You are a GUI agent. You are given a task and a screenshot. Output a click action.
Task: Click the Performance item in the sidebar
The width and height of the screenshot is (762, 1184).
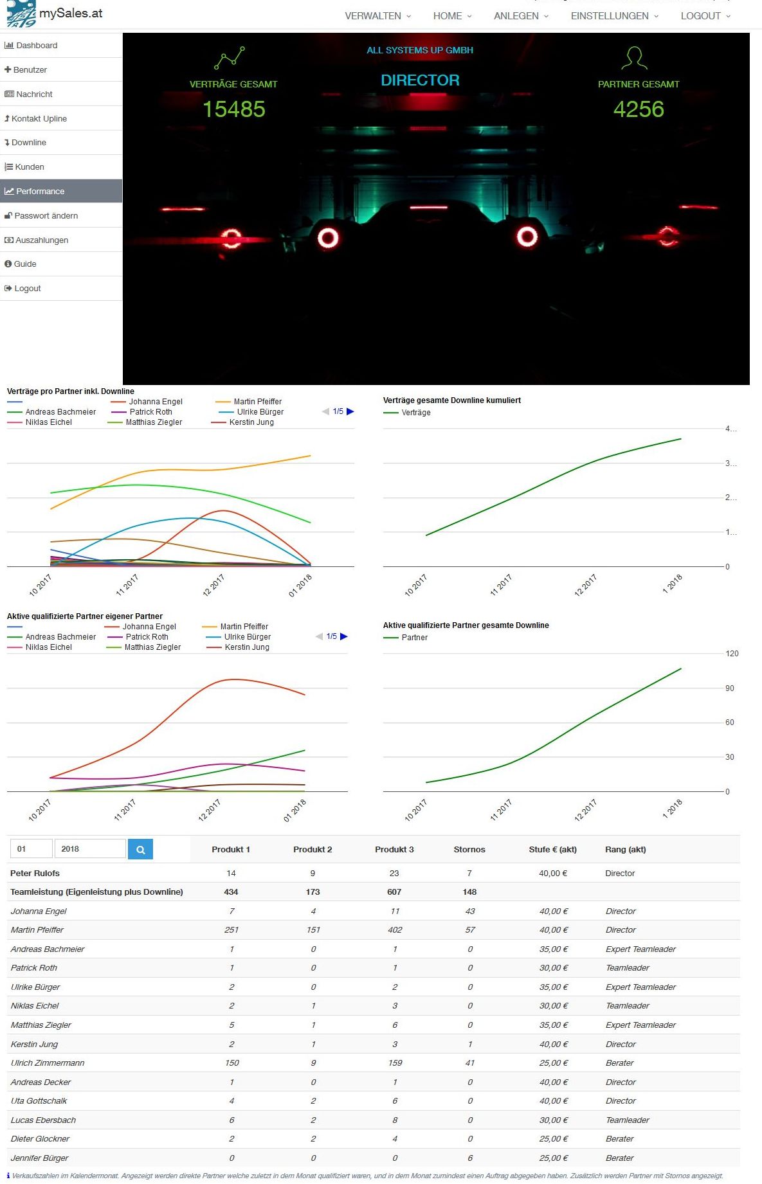pos(40,191)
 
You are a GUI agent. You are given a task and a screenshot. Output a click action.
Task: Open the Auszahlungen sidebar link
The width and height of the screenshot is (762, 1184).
pos(41,240)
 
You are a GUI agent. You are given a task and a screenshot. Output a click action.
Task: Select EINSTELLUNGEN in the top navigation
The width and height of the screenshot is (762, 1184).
pos(610,16)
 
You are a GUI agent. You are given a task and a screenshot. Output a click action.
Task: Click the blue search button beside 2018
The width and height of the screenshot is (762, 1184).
pos(140,849)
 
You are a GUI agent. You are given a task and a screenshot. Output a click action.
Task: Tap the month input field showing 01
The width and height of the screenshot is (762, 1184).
pos(30,848)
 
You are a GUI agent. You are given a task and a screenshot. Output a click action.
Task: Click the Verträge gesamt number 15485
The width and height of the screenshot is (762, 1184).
pos(233,109)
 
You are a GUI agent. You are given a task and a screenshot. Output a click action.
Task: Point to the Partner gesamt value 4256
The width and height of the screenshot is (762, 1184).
pos(639,109)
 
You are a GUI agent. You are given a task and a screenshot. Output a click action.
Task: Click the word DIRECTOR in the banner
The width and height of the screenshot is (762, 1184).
pos(420,80)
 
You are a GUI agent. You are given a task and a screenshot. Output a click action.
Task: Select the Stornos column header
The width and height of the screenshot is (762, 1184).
pos(469,849)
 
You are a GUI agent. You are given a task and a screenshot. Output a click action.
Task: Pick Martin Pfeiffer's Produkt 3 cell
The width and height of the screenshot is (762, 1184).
pos(395,929)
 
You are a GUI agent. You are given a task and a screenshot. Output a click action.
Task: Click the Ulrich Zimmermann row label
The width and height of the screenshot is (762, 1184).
pos(48,1063)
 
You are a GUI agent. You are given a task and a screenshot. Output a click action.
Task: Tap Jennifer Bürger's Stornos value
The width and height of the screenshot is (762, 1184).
pos(470,1158)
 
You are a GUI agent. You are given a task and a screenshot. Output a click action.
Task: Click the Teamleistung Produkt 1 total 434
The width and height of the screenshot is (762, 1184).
pos(231,892)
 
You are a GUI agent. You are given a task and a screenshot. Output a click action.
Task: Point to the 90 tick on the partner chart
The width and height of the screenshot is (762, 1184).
pos(729,688)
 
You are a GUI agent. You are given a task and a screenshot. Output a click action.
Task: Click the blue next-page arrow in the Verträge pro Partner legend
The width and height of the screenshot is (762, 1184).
pos(350,411)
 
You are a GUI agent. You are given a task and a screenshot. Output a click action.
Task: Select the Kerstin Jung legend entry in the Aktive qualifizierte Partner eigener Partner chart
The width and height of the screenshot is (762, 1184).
pos(246,647)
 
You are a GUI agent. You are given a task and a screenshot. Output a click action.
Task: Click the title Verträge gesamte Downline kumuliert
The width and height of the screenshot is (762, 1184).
pos(451,400)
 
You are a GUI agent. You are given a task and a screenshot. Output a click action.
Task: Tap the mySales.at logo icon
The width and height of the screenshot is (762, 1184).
pos(21,13)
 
